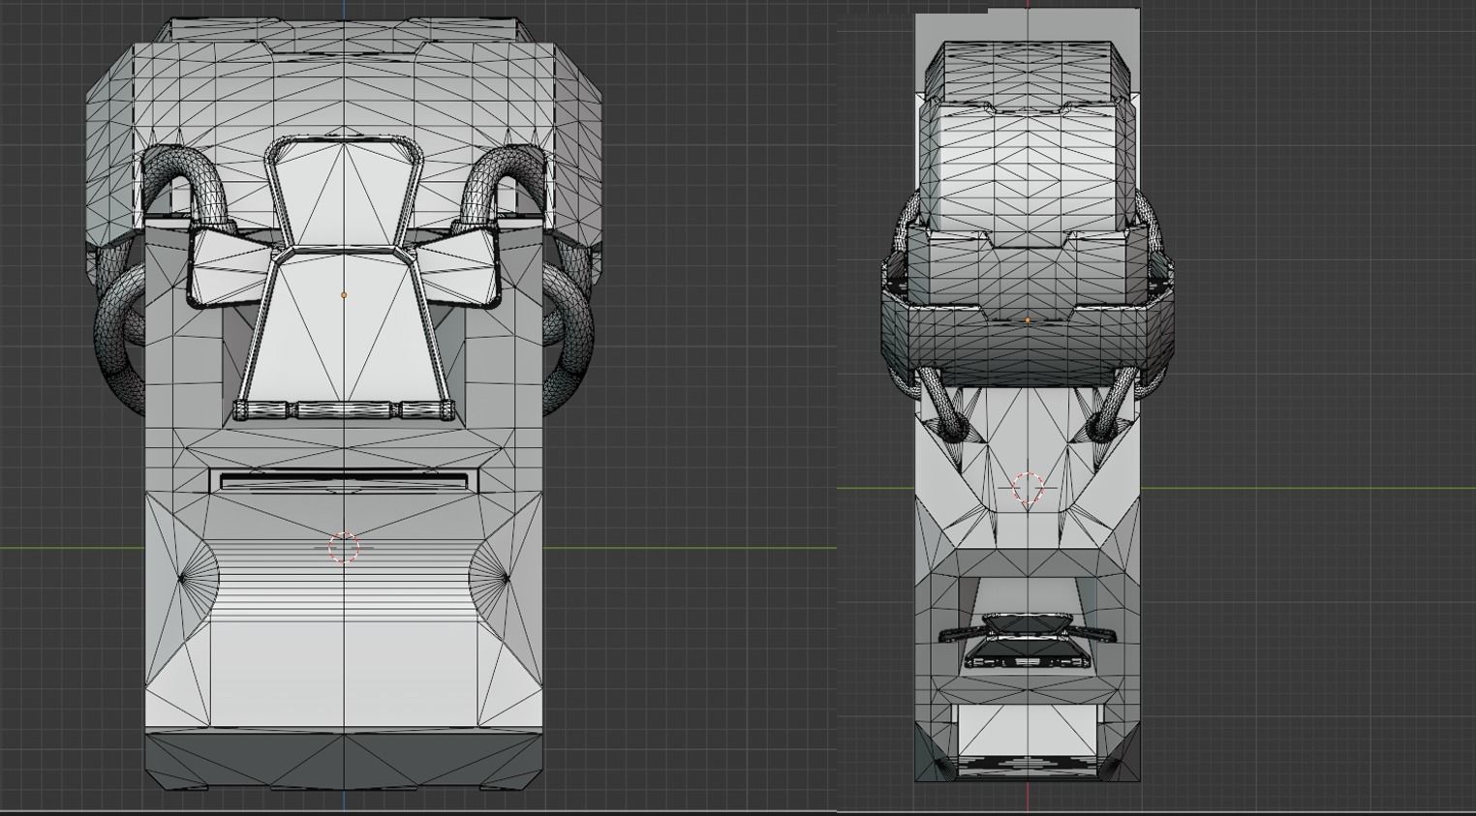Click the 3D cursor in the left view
tap(344, 548)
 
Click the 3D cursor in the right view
tap(1028, 488)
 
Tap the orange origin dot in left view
tap(344, 294)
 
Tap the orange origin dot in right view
tap(1028, 319)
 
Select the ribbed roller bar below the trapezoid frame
tap(344, 410)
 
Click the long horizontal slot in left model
tap(344, 481)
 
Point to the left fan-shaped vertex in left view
tap(182, 579)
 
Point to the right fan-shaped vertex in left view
tap(506, 579)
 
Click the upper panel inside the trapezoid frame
tap(344, 194)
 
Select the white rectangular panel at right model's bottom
tap(1028, 731)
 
